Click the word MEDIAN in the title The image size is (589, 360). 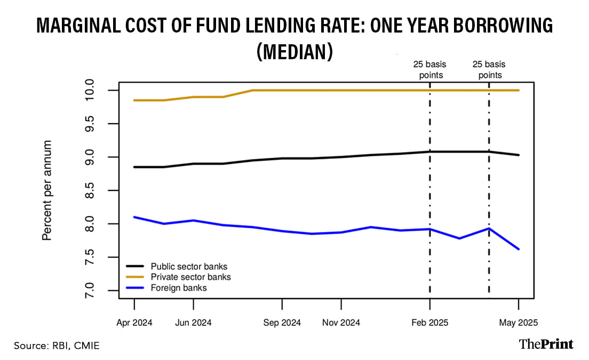coord(294,52)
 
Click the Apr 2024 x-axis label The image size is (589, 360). coord(134,323)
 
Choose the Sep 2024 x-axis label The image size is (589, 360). coord(282,323)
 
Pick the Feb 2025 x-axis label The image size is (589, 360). coord(430,323)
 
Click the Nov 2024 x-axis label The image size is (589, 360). coord(341,323)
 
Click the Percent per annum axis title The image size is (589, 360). coord(47,190)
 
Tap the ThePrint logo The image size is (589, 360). coord(546,344)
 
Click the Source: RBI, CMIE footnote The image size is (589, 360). coord(57,346)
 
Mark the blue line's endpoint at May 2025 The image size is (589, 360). coord(519,249)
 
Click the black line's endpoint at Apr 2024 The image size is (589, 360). coord(134,167)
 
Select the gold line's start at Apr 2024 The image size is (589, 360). coord(134,100)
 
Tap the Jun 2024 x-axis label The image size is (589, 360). coord(193,323)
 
